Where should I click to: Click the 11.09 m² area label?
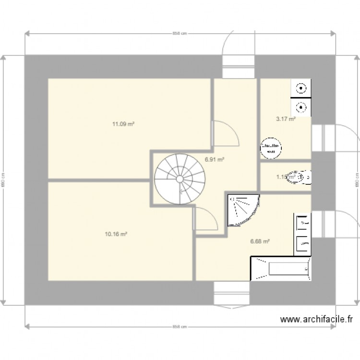123,124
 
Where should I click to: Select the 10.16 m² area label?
116,234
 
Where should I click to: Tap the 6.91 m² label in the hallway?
215,159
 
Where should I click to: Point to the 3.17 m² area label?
285,119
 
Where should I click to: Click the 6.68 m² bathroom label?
260,241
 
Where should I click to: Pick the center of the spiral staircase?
180,179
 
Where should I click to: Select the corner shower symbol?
242,210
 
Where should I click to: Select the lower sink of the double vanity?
303,243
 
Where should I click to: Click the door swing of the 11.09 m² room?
225,133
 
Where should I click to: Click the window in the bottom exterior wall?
232,292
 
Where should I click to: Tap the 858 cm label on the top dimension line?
180,34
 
